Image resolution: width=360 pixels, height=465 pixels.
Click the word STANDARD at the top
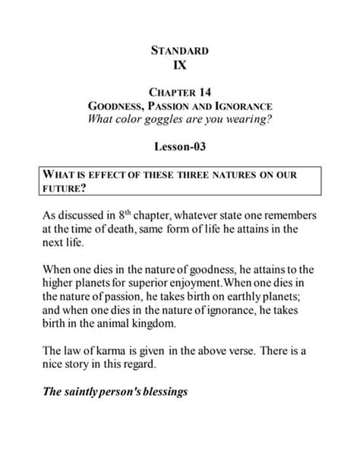coord(180,51)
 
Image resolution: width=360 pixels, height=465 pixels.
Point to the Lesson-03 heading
coord(180,146)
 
